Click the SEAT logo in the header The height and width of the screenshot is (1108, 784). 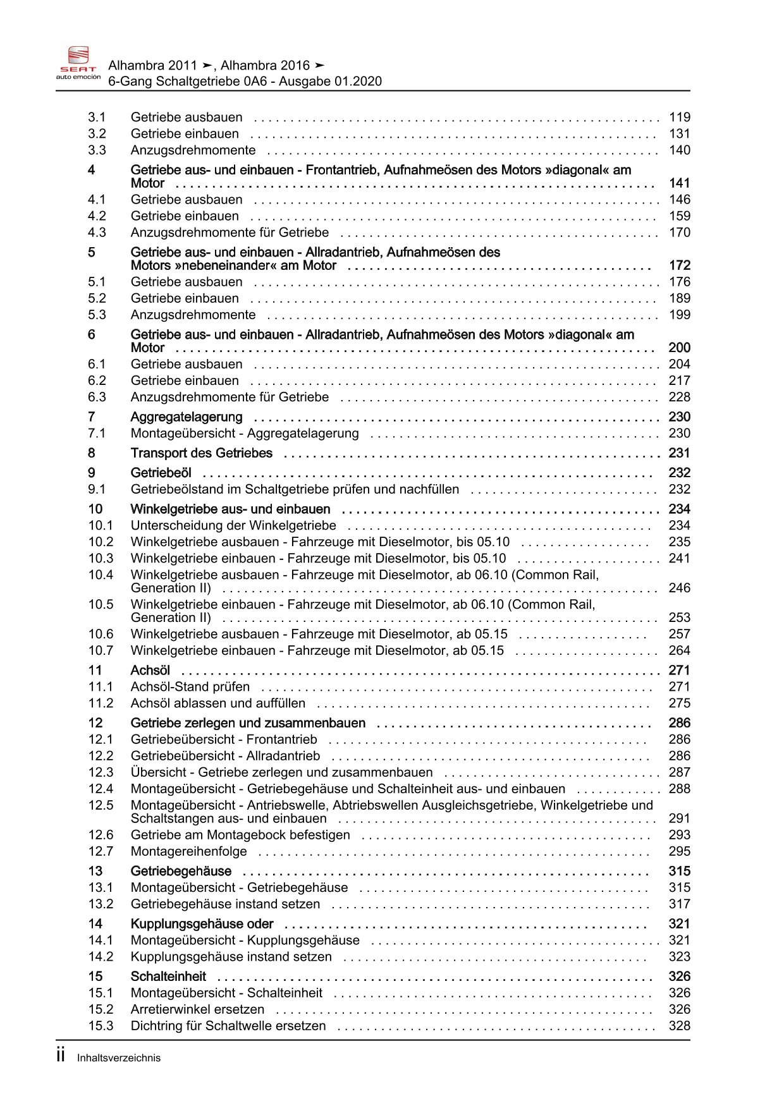tap(78, 63)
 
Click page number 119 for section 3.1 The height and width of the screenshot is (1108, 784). tap(680, 118)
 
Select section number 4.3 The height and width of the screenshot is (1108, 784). tap(97, 233)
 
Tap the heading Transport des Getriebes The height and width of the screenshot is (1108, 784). tap(201, 453)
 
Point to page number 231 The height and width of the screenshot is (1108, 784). tap(680, 453)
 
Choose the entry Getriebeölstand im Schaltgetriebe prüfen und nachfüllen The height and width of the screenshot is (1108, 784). tap(295, 490)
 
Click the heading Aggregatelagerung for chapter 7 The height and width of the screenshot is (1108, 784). tap(187, 417)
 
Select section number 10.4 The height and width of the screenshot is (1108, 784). tap(101, 575)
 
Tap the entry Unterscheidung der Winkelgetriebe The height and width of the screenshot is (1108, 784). tap(233, 526)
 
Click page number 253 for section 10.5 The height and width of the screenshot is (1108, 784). tap(680, 618)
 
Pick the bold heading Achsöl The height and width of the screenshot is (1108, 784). tap(150, 671)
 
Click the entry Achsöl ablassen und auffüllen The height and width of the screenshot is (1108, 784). tap(217, 703)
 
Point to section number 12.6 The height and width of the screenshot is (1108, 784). tap(101, 836)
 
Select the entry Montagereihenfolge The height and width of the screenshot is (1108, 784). tap(188, 852)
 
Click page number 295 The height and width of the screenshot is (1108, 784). tap(680, 852)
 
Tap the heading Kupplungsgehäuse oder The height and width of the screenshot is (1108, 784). tap(202, 924)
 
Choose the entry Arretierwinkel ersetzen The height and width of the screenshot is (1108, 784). tap(197, 1010)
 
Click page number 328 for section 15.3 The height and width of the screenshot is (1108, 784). tap(680, 1026)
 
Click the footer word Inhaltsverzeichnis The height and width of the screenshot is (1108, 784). tap(119, 1058)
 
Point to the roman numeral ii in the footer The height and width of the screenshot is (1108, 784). tap(61, 1056)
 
